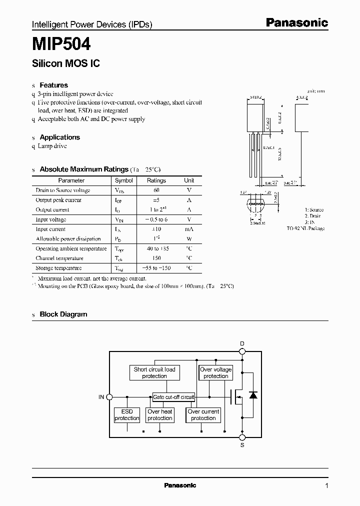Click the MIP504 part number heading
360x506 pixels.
pyautogui.click(x=61, y=44)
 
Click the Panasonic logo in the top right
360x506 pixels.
pyautogui.click(x=296, y=22)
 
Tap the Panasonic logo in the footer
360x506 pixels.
pyautogui.click(x=180, y=485)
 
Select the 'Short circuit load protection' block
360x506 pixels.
pyautogui.click(x=154, y=372)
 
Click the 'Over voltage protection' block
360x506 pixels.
pyautogui.click(x=215, y=372)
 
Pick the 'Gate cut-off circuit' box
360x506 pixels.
pyautogui.click(x=173, y=397)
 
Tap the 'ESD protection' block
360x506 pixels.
pyautogui.click(x=127, y=415)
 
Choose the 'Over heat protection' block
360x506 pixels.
pyautogui.click(x=160, y=415)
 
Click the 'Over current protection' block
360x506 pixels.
pyautogui.click(x=203, y=415)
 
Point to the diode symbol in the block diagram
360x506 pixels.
pyautogui.click(x=253, y=395)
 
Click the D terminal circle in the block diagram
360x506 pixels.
pyautogui.click(x=242, y=351)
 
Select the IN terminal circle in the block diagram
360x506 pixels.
pyautogui.click(x=110, y=397)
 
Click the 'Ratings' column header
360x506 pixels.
pyautogui.click(x=156, y=180)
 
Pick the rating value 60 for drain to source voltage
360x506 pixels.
pyautogui.click(x=156, y=190)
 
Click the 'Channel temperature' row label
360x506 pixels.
pyautogui.click(x=59, y=258)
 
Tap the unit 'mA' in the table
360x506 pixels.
pyautogui.click(x=189, y=229)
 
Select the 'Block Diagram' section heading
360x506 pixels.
pyautogui.click(x=63, y=314)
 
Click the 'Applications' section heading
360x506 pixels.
pyautogui.click(x=59, y=137)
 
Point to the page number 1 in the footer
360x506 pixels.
pyautogui.click(x=326, y=485)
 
